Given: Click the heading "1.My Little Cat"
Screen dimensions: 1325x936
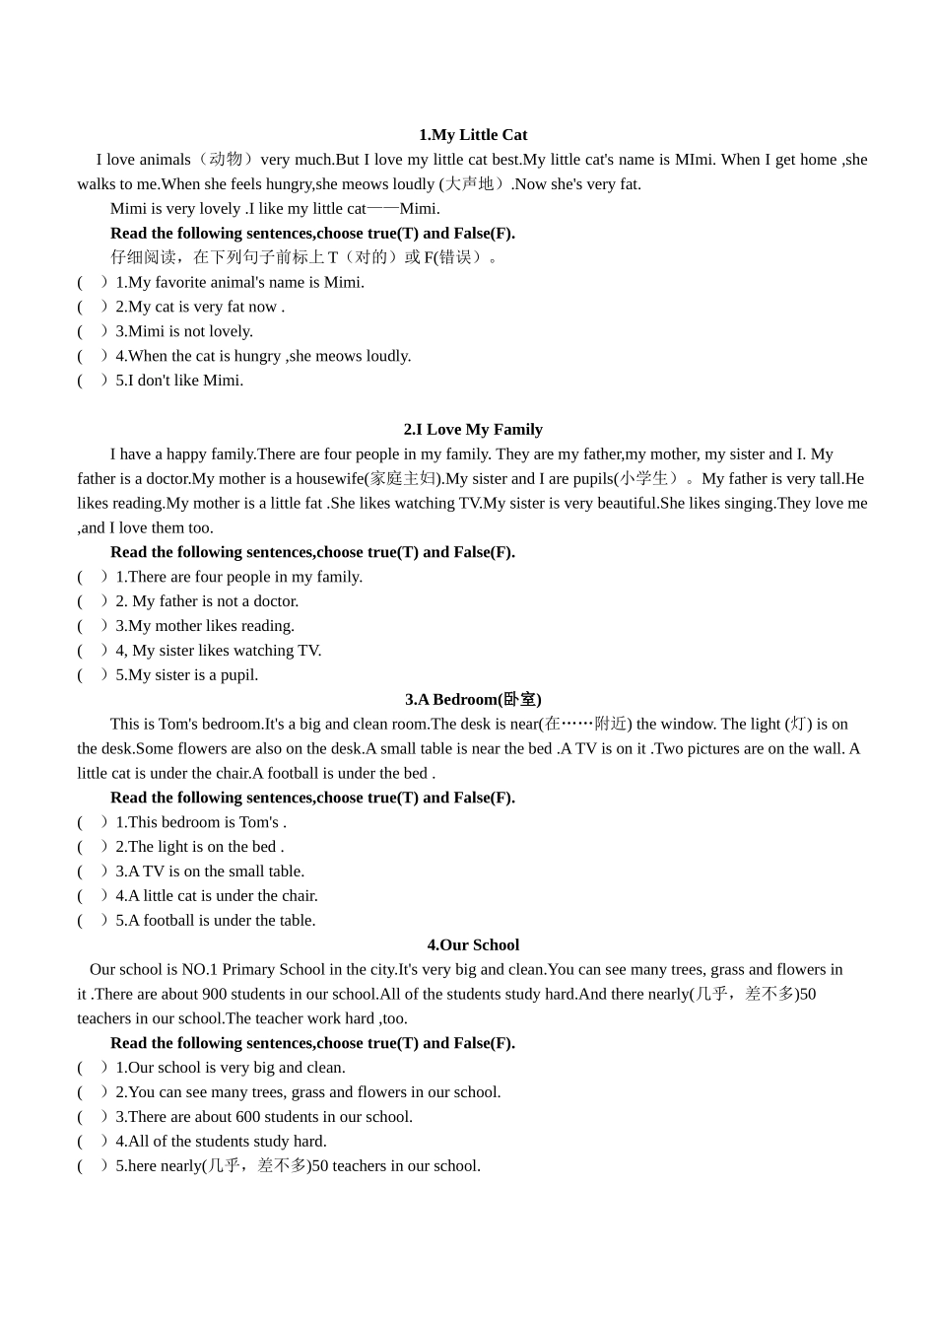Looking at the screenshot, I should [473, 135].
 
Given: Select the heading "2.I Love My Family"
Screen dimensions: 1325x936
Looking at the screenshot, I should [473, 430].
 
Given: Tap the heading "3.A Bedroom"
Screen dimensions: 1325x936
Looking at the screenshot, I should [473, 700].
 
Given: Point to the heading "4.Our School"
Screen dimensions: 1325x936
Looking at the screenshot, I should [473, 945].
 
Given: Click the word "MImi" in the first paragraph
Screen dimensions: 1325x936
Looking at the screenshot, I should [695, 160].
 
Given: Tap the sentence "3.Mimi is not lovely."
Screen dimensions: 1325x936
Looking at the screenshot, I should [184, 331].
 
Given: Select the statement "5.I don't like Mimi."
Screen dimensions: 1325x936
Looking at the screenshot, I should [179, 381].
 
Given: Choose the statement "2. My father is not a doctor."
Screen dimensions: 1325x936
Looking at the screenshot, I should [207, 601].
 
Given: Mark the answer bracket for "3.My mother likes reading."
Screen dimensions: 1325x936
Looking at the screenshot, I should [92, 626].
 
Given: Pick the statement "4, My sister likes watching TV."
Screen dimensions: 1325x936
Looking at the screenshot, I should [219, 651].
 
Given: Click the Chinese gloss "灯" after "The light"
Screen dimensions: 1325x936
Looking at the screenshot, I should [798, 725].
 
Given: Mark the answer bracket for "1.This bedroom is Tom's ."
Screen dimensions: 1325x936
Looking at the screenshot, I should [92, 822].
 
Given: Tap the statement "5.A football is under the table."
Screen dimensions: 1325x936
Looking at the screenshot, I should [216, 921].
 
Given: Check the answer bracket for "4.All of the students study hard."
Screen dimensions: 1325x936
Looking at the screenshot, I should [92, 1142].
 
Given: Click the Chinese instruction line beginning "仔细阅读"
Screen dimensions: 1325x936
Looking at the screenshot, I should [305, 257].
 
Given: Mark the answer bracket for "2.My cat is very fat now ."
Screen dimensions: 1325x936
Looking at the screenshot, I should [92, 307].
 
